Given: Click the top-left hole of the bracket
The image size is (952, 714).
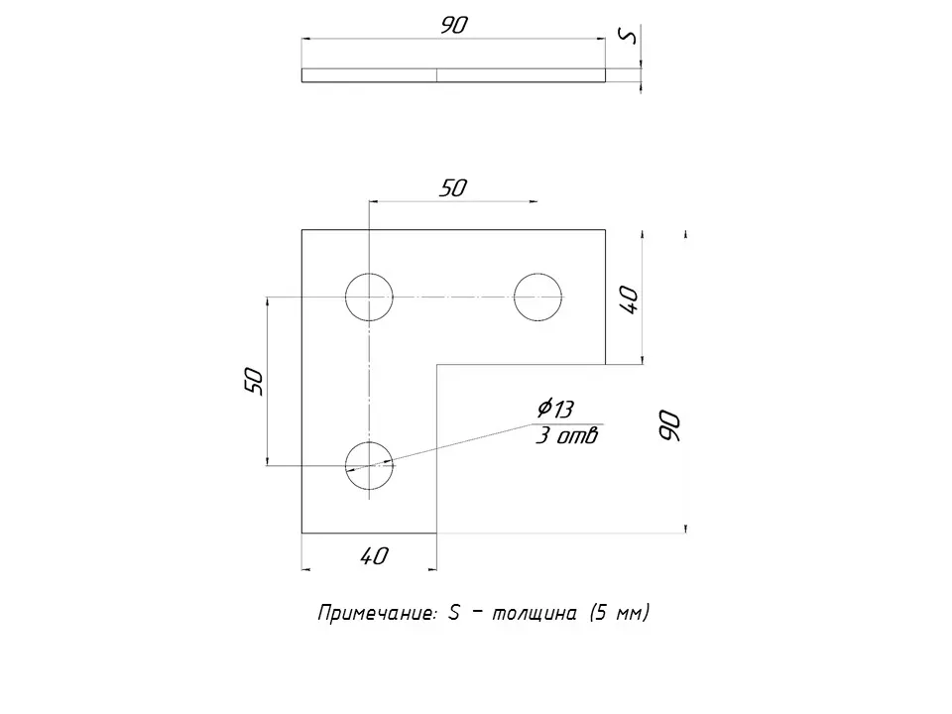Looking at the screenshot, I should pos(369,297).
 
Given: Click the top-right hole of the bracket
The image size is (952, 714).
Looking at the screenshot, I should pos(538,297).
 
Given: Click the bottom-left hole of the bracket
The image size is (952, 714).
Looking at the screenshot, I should pos(369,465).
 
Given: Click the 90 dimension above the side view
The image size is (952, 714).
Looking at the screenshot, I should pos(453,27).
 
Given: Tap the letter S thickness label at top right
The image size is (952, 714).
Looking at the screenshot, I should pos(626,36).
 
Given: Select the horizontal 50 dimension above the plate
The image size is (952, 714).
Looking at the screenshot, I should pos(452,188).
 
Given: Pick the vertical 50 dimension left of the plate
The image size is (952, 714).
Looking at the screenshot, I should pos(254,381).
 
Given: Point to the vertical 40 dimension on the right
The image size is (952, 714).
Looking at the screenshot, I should pos(629,298).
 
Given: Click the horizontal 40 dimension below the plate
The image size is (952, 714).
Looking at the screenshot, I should pos(374,556).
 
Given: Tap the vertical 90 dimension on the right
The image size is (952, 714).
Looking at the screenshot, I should pos(669,425).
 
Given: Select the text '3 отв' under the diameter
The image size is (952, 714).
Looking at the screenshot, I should pos(566,435).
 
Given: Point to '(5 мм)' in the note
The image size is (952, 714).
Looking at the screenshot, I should pos(619,614).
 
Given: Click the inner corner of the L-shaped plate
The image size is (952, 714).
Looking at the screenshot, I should pos(437,365).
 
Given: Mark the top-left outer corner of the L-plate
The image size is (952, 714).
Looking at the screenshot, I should pos(301,230).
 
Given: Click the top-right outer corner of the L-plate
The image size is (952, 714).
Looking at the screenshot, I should pos(605,230).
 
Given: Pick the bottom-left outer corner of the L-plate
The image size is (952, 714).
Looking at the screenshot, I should pos(301,533).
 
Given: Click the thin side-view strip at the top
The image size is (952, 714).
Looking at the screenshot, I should pos(453,74).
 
